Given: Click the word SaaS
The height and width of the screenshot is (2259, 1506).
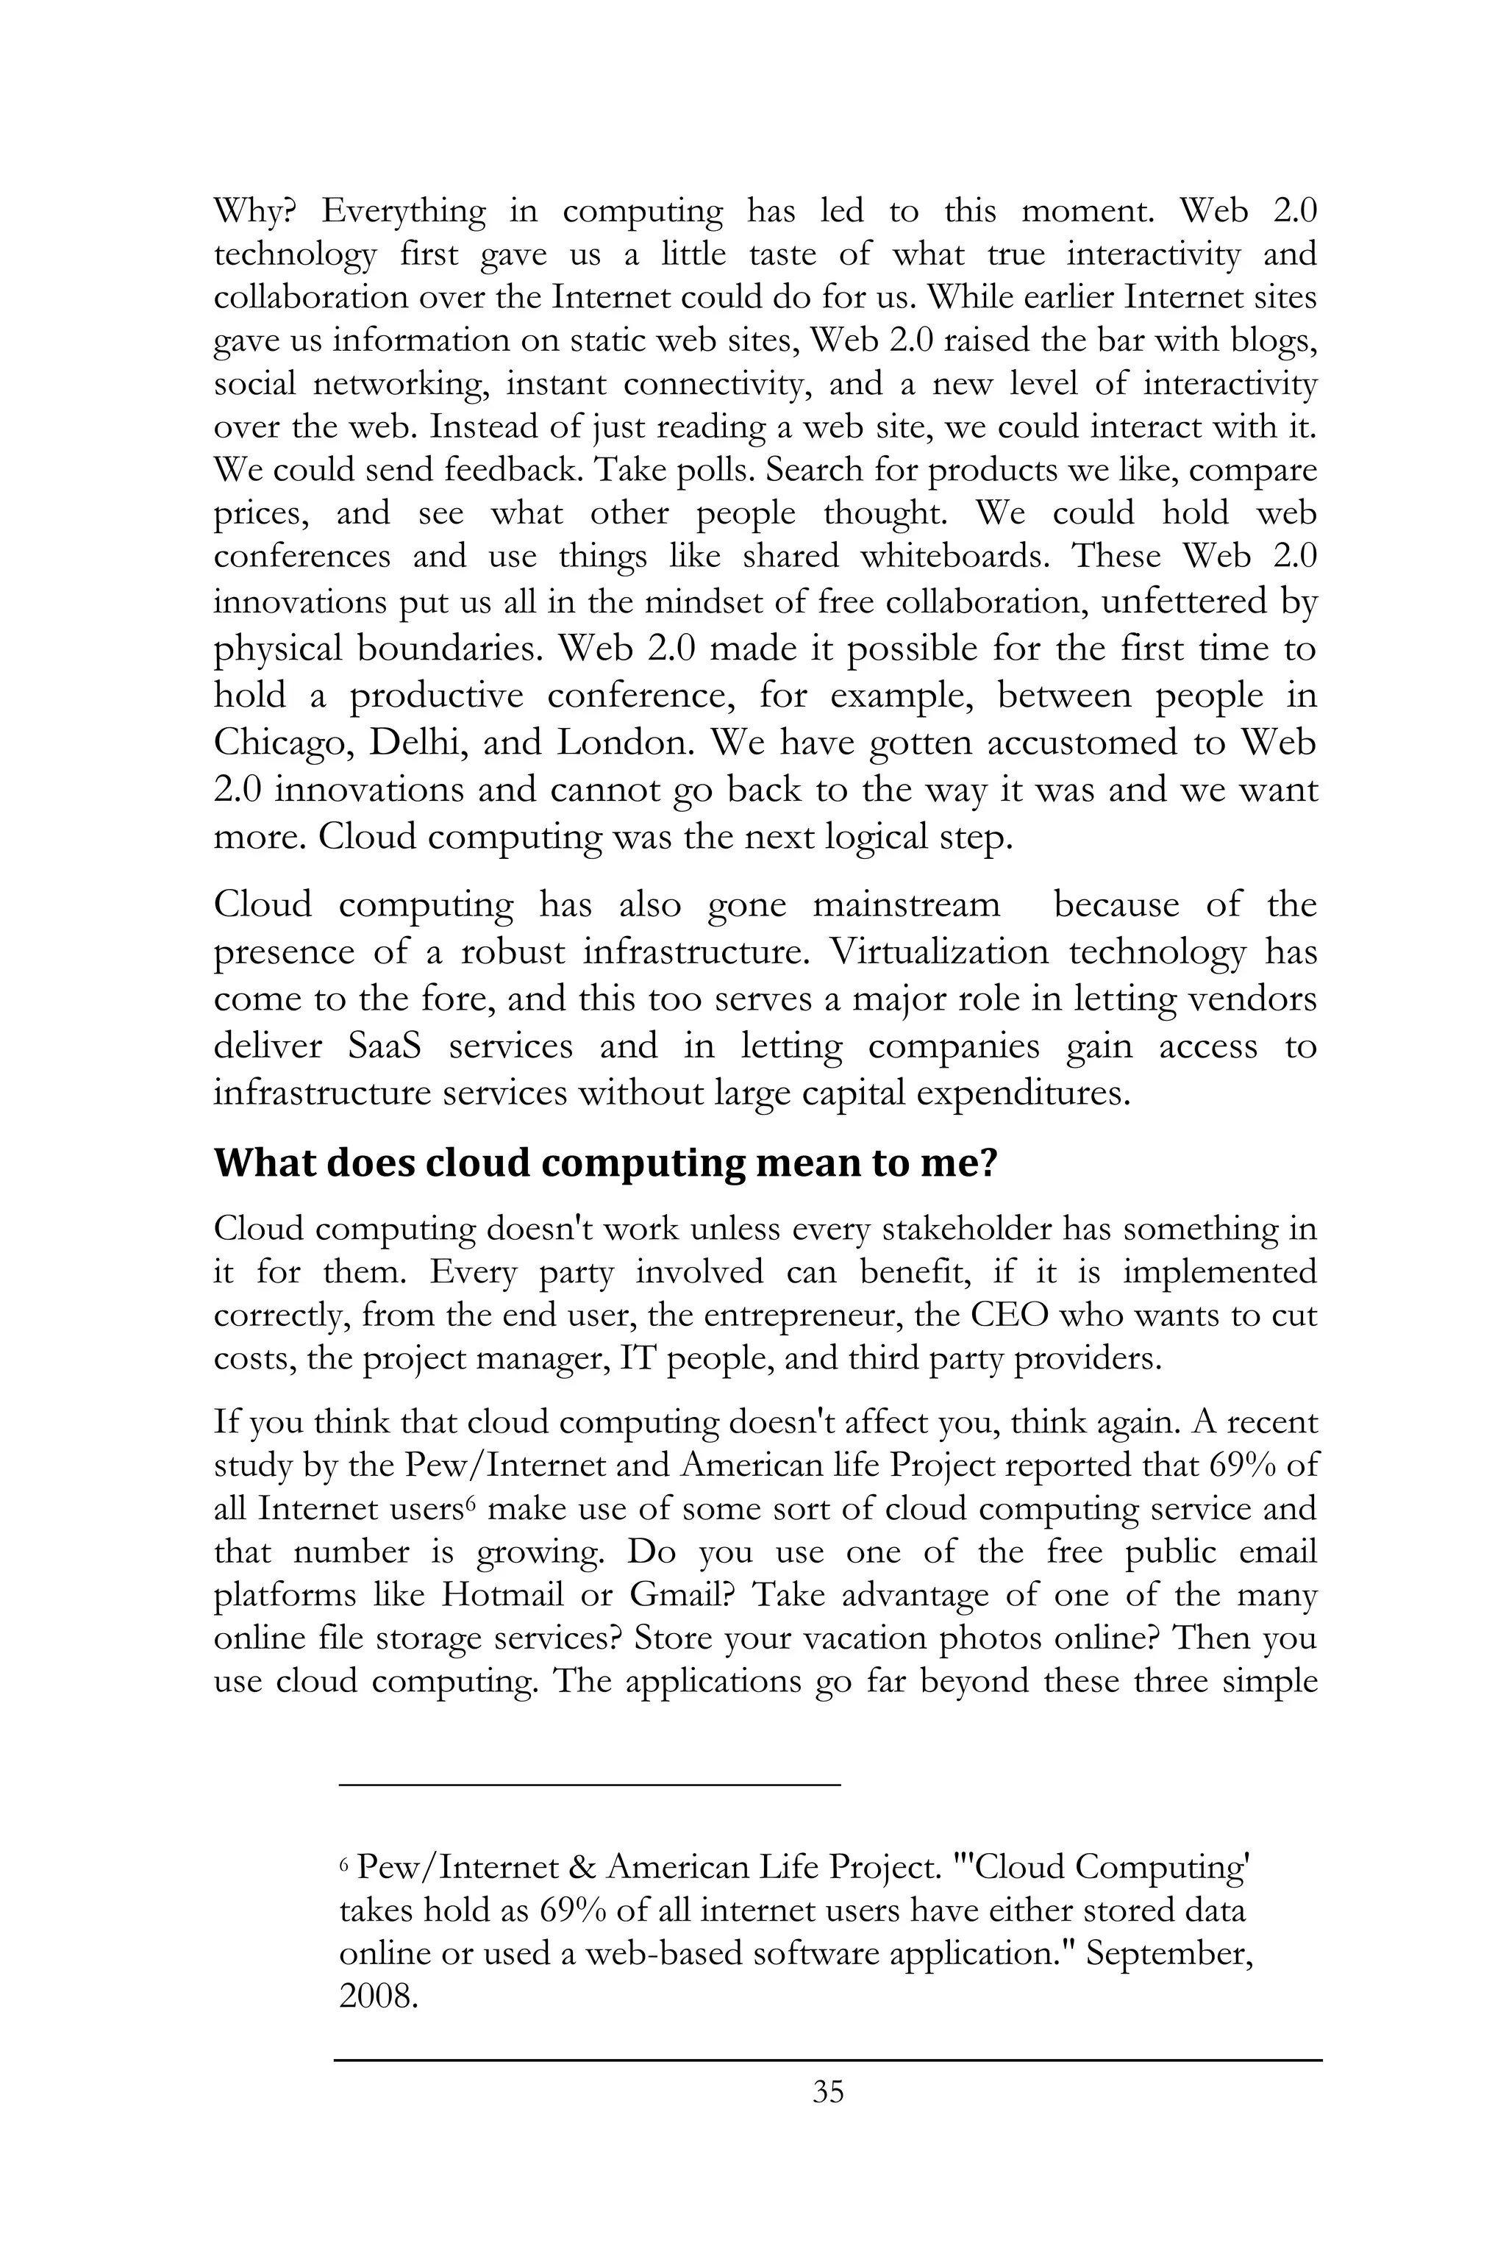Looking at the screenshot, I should (385, 1046).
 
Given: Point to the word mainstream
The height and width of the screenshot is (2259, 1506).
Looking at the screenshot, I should (906, 904).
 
